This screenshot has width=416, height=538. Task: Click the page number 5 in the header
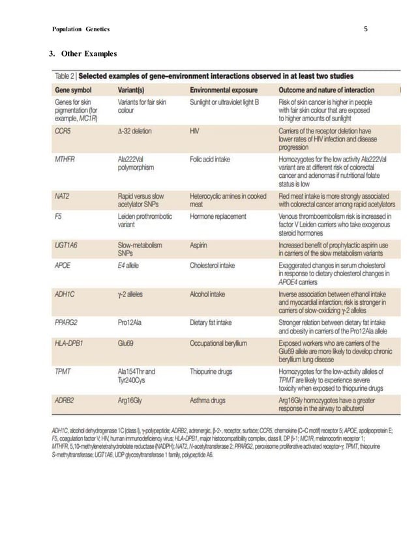pos(366,29)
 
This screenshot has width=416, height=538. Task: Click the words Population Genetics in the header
pos(80,29)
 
